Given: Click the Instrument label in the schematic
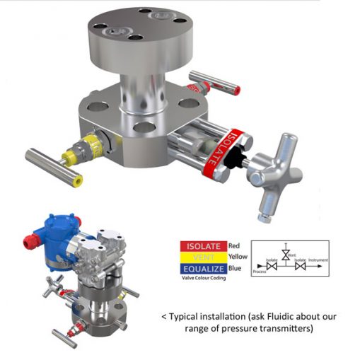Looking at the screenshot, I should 318,260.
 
